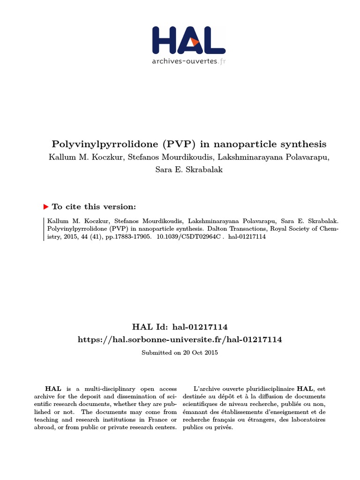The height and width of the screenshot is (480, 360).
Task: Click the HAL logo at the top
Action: click(189, 40)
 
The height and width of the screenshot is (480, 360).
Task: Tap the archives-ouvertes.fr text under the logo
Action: click(189, 61)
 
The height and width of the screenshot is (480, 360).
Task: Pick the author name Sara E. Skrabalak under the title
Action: click(189, 169)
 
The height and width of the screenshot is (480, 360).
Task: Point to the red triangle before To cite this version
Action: click(45, 207)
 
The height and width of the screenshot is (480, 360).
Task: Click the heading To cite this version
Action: click(94, 207)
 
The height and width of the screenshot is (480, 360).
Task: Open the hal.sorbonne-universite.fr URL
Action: click(180, 339)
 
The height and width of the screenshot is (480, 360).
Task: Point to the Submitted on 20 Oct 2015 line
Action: click(180, 352)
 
